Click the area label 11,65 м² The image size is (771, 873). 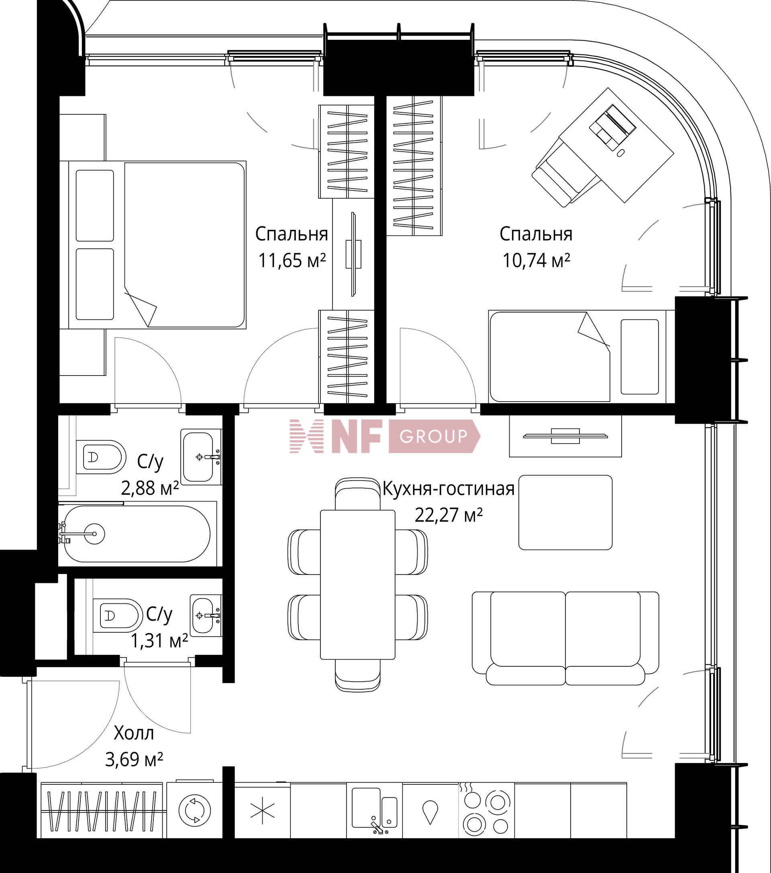(x=292, y=260)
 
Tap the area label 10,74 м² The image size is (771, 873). (x=536, y=260)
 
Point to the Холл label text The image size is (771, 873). (x=134, y=733)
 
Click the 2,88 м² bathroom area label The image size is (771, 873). (x=150, y=488)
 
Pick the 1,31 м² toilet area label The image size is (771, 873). (x=159, y=641)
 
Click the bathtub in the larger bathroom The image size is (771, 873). (x=136, y=534)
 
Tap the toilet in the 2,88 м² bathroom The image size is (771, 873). (x=101, y=457)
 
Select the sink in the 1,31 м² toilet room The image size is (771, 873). (x=206, y=615)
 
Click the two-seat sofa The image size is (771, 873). (x=565, y=638)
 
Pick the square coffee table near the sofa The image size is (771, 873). (x=565, y=512)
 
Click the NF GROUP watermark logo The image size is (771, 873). (x=385, y=436)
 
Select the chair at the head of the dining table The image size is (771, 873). (x=358, y=494)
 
